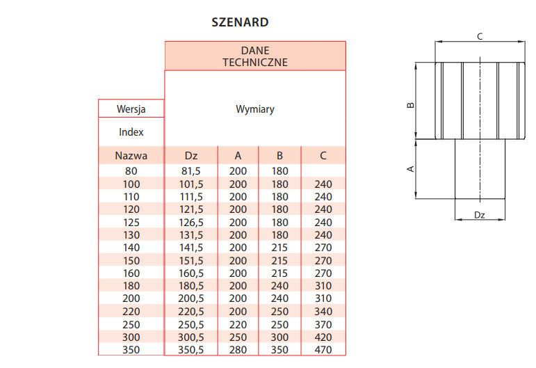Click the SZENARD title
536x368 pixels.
tap(240, 22)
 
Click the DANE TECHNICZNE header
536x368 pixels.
tap(255, 56)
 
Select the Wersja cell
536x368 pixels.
tap(131, 109)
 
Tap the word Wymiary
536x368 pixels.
tap(255, 109)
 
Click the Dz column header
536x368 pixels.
tap(191, 156)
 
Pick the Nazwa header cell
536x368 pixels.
tap(131, 156)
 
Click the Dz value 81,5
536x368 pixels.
tap(191, 170)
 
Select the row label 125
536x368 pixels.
tap(131, 223)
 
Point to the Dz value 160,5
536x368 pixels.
tap(191, 273)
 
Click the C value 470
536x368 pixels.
tap(323, 350)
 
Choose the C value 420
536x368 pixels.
tap(323, 337)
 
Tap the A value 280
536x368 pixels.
tap(238, 350)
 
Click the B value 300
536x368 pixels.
tap(279, 337)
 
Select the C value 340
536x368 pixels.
tap(323, 312)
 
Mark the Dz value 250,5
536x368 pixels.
tap(191, 325)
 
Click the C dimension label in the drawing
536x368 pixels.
tap(480, 37)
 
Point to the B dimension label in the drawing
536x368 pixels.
tap(411, 105)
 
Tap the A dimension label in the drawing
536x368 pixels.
tap(411, 168)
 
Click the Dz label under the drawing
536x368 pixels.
tap(480, 215)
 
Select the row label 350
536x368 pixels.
tap(131, 350)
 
